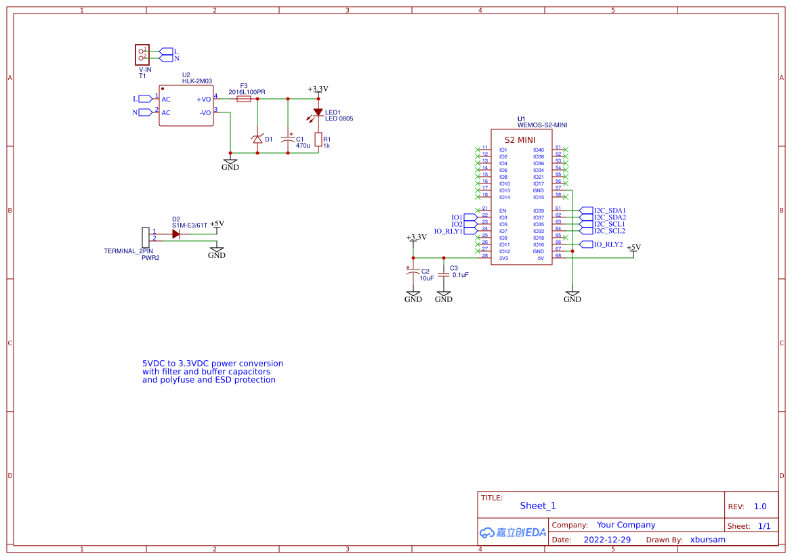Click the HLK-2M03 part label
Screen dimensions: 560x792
tap(197, 81)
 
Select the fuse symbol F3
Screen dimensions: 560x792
tap(244, 99)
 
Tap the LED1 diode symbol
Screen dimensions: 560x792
tap(318, 112)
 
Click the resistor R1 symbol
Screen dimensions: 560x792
tap(318, 140)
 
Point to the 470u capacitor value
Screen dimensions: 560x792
tap(303, 146)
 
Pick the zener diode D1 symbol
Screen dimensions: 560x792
tap(257, 139)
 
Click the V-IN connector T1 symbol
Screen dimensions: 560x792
tap(142, 54)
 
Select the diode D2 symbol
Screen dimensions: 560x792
tap(176, 234)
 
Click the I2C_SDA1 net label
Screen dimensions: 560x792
tap(610, 211)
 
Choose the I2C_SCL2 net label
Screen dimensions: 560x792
tap(610, 231)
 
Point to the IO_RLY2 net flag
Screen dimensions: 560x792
tap(608, 244)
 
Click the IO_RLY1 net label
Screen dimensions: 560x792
tap(448, 231)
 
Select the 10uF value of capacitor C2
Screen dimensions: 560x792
tap(427, 278)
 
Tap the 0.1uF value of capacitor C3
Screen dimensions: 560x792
tap(461, 276)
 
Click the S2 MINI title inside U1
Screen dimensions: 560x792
tap(520, 139)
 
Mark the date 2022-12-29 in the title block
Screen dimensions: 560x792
tap(607, 540)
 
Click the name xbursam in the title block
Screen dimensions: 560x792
tap(707, 540)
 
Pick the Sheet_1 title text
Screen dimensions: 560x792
tap(538, 506)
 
